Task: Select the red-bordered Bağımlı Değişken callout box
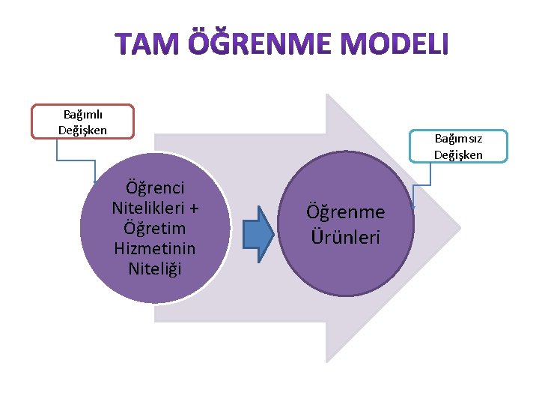point(82,121)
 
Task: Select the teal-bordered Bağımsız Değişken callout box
point(458,146)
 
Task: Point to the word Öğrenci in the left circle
point(156,187)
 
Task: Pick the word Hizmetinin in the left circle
point(155,247)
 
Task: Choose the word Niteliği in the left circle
point(156,268)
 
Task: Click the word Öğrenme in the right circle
point(345,213)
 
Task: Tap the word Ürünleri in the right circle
point(345,237)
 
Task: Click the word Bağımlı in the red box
point(82,114)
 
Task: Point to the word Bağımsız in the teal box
point(458,139)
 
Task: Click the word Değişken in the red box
point(82,130)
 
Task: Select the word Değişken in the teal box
point(458,155)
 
